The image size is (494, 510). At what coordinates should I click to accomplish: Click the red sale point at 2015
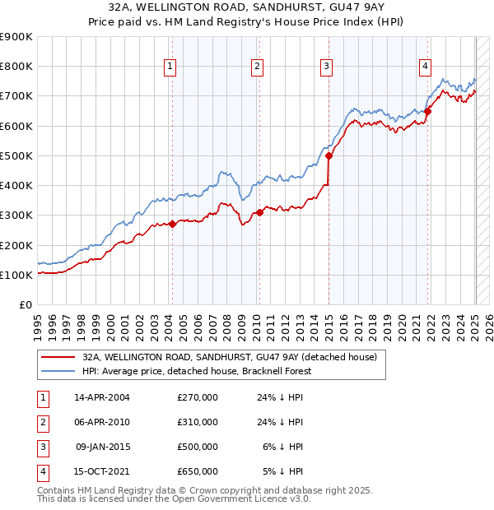click(329, 155)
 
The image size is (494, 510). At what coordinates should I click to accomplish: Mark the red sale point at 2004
click(172, 224)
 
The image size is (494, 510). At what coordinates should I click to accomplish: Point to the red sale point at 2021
click(428, 111)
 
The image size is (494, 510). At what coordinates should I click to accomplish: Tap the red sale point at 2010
click(259, 212)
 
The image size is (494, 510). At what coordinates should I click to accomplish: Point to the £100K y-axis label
click(16, 275)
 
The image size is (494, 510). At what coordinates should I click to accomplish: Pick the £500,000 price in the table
click(198, 447)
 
